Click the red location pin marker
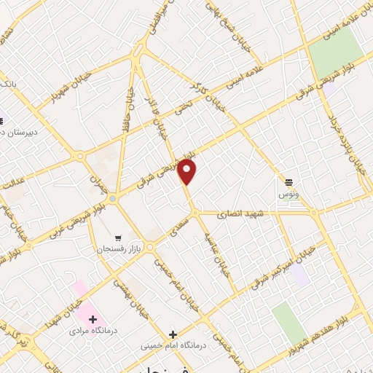coord(188,173)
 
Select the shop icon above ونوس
coord(289,181)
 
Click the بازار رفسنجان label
coord(118,249)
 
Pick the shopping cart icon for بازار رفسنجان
coord(118,237)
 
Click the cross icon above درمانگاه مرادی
coord(93,319)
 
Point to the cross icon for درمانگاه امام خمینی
coord(173,333)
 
